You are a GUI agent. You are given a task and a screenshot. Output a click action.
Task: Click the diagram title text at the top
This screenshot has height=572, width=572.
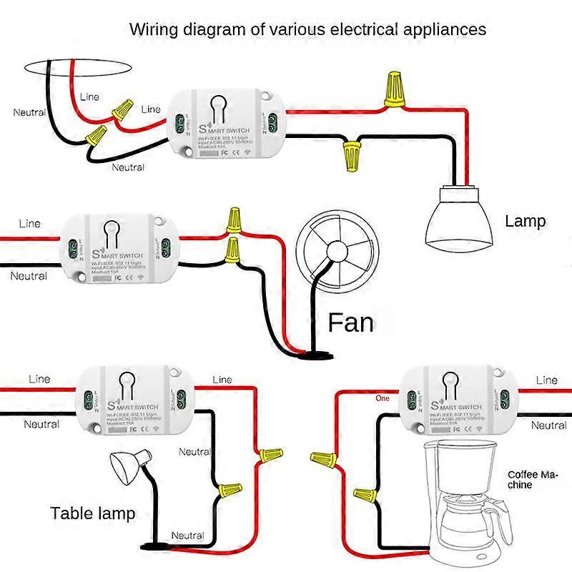[307, 30]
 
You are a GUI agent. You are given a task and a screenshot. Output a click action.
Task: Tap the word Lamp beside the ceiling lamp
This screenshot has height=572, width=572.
[525, 221]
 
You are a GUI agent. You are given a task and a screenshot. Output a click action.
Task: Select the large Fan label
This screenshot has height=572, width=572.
[350, 322]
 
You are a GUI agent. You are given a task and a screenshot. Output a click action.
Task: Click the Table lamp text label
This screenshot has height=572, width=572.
[92, 513]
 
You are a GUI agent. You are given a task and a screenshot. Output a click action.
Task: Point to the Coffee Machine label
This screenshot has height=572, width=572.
[533, 480]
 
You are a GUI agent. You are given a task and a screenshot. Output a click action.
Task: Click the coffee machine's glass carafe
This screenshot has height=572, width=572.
[465, 515]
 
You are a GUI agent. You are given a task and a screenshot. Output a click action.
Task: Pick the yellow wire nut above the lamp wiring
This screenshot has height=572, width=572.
[392, 90]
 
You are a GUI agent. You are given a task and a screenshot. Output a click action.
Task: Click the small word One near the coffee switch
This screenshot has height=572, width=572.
[383, 398]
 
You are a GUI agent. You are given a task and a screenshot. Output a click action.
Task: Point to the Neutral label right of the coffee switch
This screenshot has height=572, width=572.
[548, 425]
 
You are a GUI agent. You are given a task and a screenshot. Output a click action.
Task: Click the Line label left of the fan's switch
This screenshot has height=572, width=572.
[29, 225]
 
